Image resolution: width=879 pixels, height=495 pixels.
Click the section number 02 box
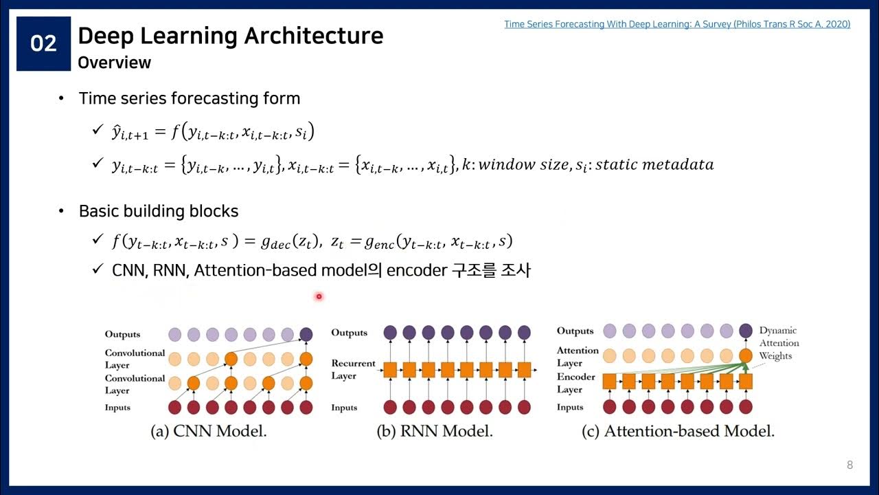tap(44, 44)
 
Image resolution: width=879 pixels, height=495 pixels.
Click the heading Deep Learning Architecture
tap(230, 36)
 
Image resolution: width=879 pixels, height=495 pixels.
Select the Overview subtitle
tap(114, 63)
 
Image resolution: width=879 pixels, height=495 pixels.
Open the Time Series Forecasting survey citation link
tap(677, 24)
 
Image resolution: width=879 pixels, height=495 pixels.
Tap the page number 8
tap(849, 465)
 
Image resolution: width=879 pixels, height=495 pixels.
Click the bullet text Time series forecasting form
tap(190, 98)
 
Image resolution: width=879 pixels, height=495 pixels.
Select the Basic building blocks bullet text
tap(159, 211)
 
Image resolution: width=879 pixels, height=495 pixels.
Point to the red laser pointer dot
tap(319, 296)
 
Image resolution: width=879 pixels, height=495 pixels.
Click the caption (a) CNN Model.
tap(209, 432)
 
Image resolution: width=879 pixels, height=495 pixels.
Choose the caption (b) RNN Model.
tap(435, 432)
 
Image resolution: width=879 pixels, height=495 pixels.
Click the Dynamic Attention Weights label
tap(779, 343)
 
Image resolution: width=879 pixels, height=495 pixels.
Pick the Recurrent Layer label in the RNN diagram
tap(353, 369)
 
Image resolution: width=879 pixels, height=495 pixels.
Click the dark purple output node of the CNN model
tap(306, 334)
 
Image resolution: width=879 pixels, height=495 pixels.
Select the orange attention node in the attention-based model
tap(746, 356)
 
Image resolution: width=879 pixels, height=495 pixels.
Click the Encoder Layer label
tap(576, 383)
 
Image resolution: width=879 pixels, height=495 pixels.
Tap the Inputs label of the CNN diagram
tap(117, 408)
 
